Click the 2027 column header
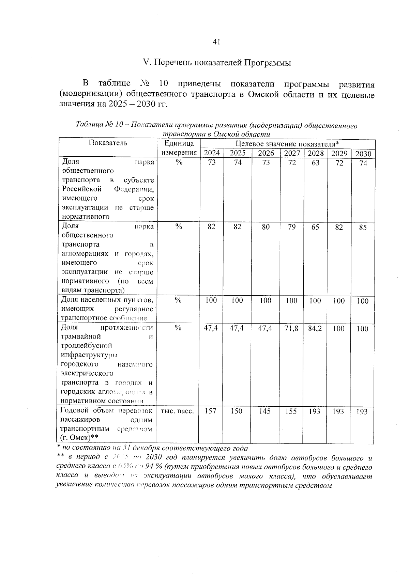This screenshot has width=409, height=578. [x=292, y=153]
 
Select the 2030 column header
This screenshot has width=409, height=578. [x=363, y=154]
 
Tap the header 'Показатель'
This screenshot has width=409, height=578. [x=108, y=143]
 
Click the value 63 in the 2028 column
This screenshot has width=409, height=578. [x=316, y=163]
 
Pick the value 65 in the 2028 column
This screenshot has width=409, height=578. [x=315, y=227]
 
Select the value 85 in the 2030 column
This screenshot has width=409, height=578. [x=363, y=228]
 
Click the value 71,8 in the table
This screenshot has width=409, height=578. [x=291, y=328]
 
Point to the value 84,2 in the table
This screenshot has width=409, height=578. [x=315, y=328]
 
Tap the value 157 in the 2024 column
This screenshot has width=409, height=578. [x=211, y=411]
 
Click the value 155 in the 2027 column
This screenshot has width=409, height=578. [x=291, y=411]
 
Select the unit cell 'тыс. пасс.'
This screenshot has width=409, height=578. [x=177, y=411]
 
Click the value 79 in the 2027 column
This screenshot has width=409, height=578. [x=291, y=227]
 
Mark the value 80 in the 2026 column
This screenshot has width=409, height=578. [x=266, y=227]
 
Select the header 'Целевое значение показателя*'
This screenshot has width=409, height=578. [x=288, y=144]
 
